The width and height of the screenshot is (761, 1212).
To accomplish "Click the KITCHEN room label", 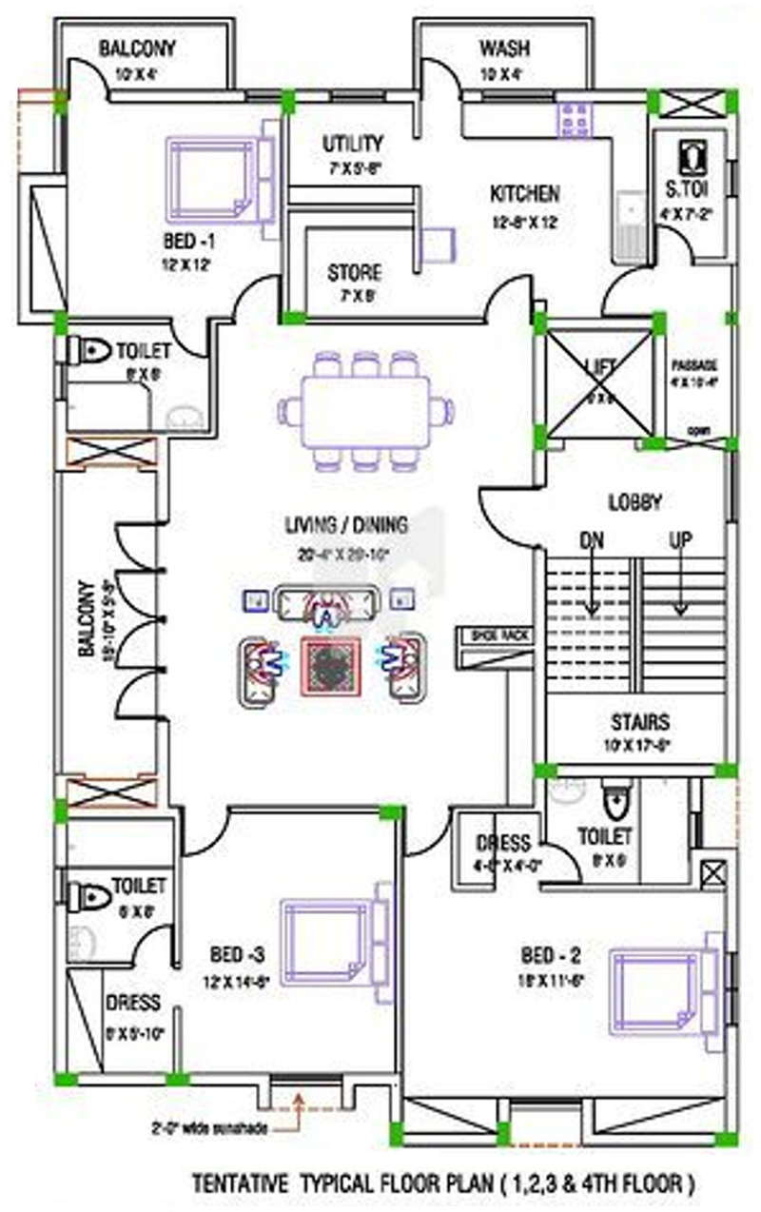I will click(x=524, y=194).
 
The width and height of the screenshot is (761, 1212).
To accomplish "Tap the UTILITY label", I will click(x=352, y=145).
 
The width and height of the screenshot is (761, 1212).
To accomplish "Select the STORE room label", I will click(x=354, y=273).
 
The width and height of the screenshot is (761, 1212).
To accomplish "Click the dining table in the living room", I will click(x=365, y=411).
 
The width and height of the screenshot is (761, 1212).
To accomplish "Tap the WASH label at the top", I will click(x=504, y=49).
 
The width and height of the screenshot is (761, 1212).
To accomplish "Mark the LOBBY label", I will click(x=634, y=501).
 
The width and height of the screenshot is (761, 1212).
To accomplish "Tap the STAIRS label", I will click(x=639, y=722).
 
